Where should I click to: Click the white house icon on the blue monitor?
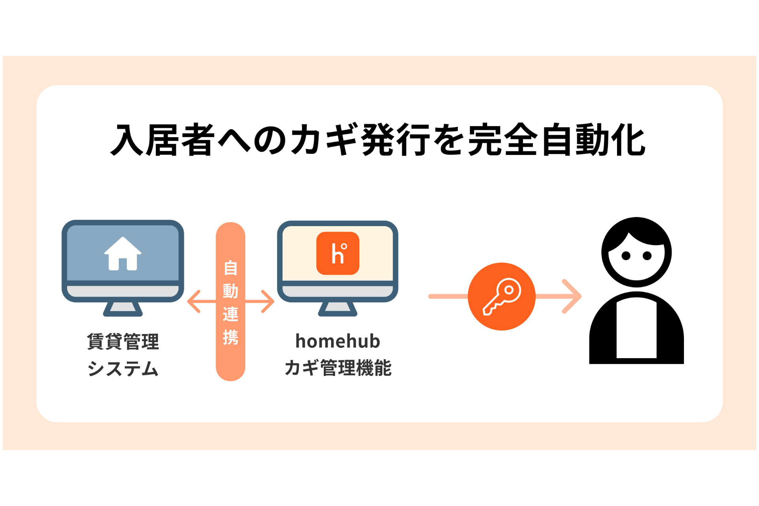[123, 254]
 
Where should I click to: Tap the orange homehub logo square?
[338, 253]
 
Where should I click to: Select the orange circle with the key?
[501, 296]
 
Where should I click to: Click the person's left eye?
[626, 256]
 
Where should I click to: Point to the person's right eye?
[647, 256]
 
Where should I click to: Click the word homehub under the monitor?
[338, 341]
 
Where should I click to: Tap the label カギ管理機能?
[338, 368]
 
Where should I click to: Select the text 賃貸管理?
[123, 342]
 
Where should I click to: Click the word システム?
[123, 368]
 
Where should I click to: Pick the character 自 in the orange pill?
[230, 268]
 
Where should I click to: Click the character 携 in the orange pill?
[230, 337]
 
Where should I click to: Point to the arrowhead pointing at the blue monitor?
[193, 302]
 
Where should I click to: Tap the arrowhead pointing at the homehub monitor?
[269, 302]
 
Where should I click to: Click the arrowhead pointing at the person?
[573, 296]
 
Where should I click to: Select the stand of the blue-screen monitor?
[123, 308]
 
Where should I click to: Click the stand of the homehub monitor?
[338, 308]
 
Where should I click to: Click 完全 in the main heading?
[503, 140]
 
